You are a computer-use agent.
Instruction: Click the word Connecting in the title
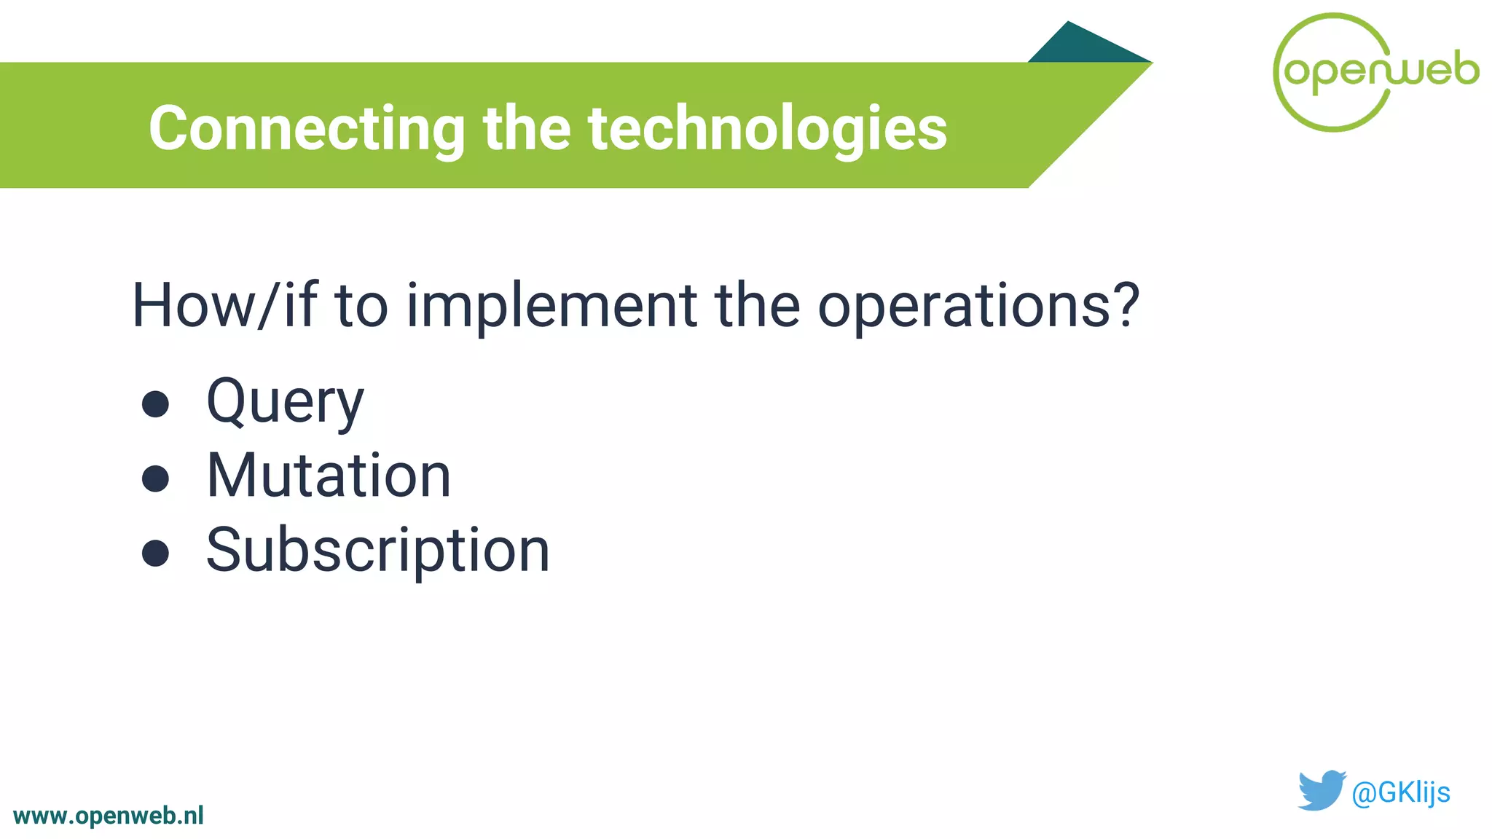307,129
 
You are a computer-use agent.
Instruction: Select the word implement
551,306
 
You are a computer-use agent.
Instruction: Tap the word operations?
977,306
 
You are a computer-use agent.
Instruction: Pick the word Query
285,403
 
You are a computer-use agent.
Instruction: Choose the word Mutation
329,476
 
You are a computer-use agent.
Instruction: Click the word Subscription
377,551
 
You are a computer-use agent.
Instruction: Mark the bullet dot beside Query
155,404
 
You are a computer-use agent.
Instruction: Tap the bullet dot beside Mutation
155,478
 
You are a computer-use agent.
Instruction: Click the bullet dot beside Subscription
155,553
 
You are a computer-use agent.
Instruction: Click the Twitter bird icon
1321,790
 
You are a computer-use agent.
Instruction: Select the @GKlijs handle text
1400,792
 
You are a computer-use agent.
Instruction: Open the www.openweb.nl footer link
109,816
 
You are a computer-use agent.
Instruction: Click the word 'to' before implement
361,306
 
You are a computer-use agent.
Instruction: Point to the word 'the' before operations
757,306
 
